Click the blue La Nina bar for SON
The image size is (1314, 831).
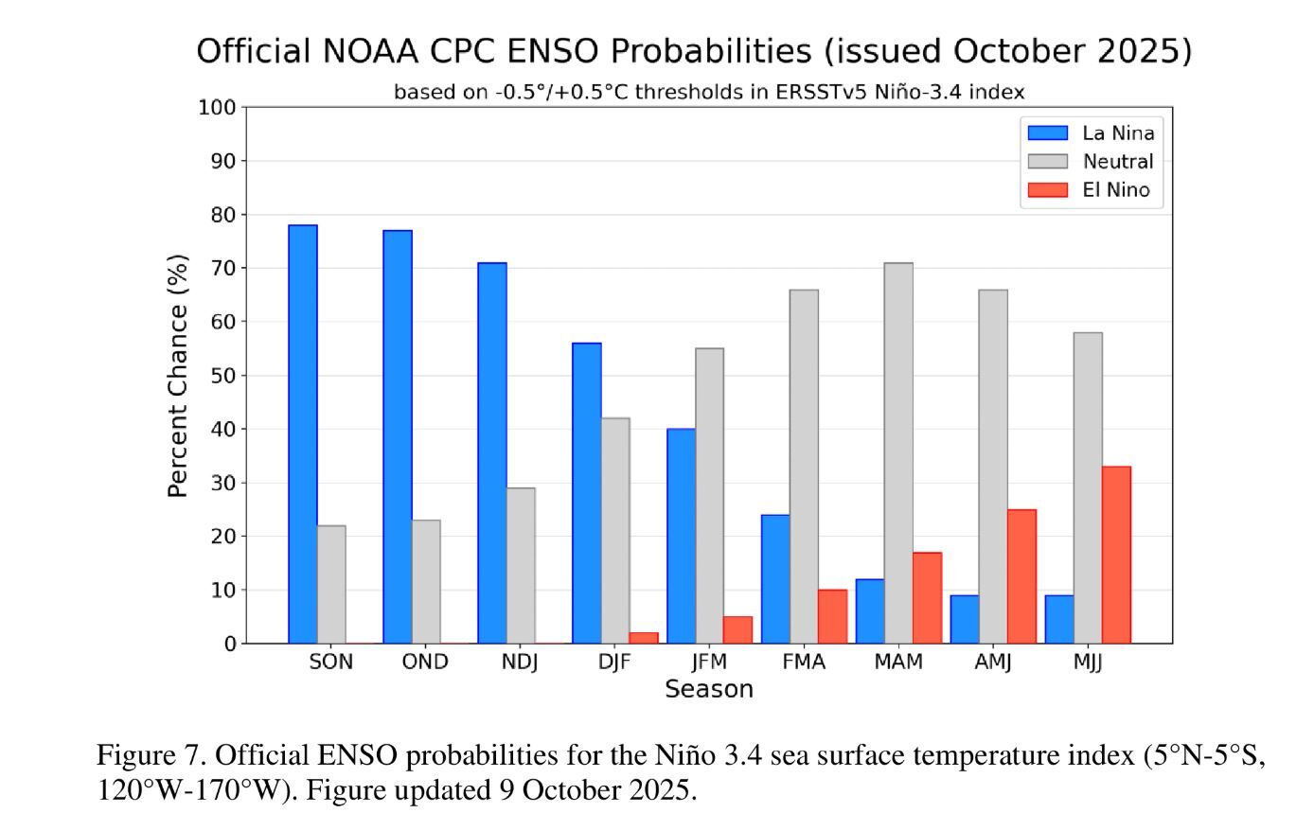pyautogui.click(x=303, y=434)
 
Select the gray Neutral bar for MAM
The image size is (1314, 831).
pyautogui.click(x=898, y=453)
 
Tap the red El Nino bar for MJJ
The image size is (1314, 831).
pyautogui.click(x=1116, y=555)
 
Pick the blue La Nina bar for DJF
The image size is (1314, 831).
pyautogui.click(x=587, y=493)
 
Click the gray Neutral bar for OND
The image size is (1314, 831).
pyautogui.click(x=426, y=581)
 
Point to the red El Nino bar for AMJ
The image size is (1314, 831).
pyautogui.click(x=1021, y=576)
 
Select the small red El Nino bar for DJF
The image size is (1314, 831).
pyautogui.click(x=644, y=638)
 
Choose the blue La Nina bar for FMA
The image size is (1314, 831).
pyautogui.click(x=775, y=579)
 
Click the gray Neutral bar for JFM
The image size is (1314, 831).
pyautogui.click(x=709, y=496)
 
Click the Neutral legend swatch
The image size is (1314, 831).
pyautogui.click(x=1047, y=162)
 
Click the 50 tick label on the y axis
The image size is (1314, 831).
pyautogui.click(x=222, y=376)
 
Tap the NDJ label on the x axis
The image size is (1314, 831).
pyautogui.click(x=520, y=663)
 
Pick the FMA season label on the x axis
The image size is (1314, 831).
pyautogui.click(x=804, y=663)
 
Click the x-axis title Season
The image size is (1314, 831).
pyautogui.click(x=708, y=690)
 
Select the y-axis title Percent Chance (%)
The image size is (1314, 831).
pyautogui.click(x=178, y=376)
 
